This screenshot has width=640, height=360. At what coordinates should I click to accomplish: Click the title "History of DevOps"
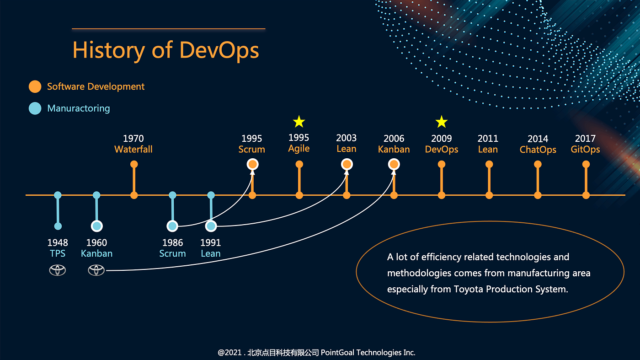pos(165,50)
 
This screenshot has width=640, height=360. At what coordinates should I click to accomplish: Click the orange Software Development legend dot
pos(35,86)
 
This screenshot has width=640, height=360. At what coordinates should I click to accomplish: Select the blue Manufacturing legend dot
pos(35,108)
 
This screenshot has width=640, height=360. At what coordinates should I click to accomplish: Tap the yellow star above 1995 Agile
pos(299,122)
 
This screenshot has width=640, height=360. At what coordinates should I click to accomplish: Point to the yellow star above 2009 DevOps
pos(441,122)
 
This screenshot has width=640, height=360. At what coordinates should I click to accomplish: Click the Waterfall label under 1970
pos(133,150)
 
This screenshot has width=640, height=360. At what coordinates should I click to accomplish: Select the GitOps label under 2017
pos(585,150)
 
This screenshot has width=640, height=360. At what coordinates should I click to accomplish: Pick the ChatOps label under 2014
pos(538,150)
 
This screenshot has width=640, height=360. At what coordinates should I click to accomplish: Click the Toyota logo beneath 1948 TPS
pos(58,270)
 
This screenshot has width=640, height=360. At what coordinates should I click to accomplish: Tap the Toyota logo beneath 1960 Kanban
pos(96,270)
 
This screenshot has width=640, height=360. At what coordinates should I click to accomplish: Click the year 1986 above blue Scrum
pos(172,243)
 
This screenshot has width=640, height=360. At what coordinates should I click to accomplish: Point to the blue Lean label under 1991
pos(211,253)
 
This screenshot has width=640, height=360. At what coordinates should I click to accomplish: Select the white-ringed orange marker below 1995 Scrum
pos(252,164)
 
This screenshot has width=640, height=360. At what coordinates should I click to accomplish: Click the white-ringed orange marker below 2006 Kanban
pos(394,164)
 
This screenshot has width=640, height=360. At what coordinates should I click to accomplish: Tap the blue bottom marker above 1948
pos(58,226)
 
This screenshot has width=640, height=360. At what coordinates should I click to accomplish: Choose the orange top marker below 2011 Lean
pos(489,164)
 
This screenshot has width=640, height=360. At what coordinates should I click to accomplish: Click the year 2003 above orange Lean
pos(347,138)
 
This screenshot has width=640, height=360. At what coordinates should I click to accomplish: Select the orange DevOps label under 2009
pos(441,150)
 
